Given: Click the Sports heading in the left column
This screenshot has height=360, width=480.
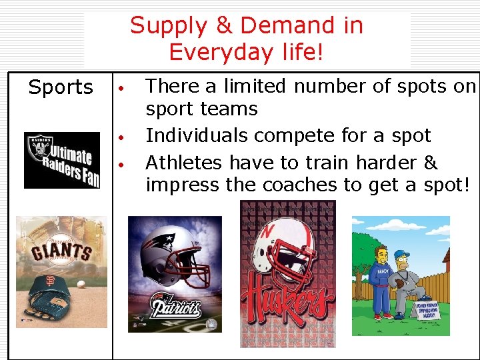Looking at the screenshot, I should (61, 87).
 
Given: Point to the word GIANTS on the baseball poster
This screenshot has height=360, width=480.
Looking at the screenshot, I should (61, 252).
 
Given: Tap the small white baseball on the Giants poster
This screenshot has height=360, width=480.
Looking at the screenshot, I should (81, 283).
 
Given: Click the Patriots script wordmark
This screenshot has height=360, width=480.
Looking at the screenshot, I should (175, 308).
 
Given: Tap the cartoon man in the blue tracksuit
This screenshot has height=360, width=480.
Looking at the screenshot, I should (383, 277).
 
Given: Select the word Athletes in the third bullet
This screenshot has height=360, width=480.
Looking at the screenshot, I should (183, 163).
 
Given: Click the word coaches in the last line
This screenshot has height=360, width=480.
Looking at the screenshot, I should (311, 185).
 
